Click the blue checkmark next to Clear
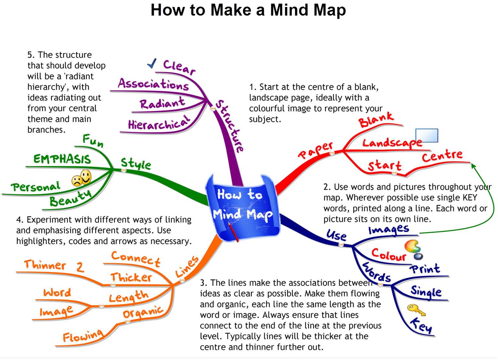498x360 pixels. click(x=152, y=63)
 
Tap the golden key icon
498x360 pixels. click(x=416, y=310)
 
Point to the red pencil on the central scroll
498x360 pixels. click(x=233, y=232)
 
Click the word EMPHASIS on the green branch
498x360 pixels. click(x=62, y=159)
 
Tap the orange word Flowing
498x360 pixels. click(x=83, y=336)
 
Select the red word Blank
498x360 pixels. click(x=376, y=119)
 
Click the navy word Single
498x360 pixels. click(x=426, y=291)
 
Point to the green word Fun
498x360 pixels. click(x=93, y=140)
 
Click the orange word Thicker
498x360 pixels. click(x=131, y=277)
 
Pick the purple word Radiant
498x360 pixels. click(x=162, y=103)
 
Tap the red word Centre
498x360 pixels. click(x=442, y=156)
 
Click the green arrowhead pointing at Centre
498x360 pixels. click(x=473, y=166)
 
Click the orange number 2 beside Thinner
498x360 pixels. click(x=80, y=267)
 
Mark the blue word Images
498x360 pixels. click(x=389, y=230)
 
